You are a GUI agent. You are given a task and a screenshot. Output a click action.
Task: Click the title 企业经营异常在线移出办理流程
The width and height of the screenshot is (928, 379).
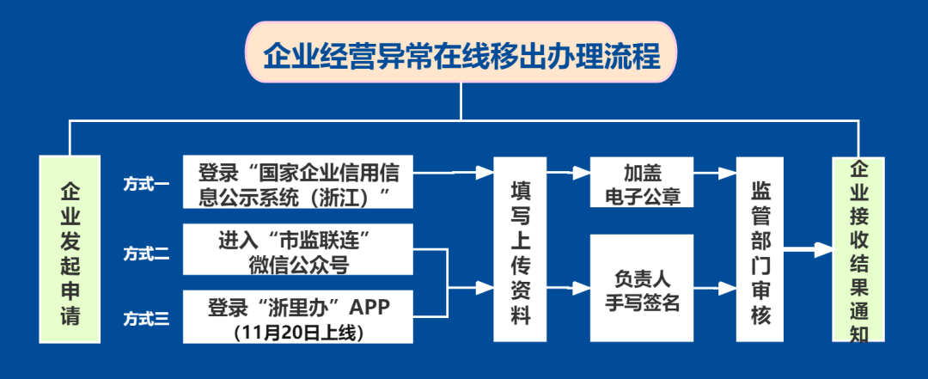click(x=461, y=57)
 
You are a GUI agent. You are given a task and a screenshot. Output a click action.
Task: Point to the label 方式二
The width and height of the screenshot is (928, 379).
click(x=146, y=254)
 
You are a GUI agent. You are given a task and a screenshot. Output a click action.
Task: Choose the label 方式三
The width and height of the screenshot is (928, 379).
click(x=146, y=321)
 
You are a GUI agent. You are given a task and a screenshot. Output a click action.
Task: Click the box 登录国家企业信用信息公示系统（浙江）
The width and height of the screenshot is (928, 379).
click(x=297, y=183)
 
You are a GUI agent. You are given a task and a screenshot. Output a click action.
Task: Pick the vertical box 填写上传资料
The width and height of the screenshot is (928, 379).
click(x=519, y=250)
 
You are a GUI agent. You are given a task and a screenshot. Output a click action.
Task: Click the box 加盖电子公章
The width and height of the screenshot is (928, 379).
click(x=642, y=183)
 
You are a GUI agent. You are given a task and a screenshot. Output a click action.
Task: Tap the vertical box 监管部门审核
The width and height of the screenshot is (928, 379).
click(x=760, y=250)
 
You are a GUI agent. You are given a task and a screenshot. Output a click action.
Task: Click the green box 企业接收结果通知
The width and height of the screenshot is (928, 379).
click(x=858, y=250)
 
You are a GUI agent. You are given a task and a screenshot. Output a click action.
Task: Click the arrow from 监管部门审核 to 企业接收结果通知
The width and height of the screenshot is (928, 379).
click(x=809, y=250)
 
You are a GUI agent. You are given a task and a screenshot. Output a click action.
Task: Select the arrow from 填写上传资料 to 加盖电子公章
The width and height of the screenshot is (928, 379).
click(x=568, y=173)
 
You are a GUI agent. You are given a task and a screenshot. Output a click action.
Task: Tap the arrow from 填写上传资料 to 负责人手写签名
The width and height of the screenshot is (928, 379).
click(x=568, y=289)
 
